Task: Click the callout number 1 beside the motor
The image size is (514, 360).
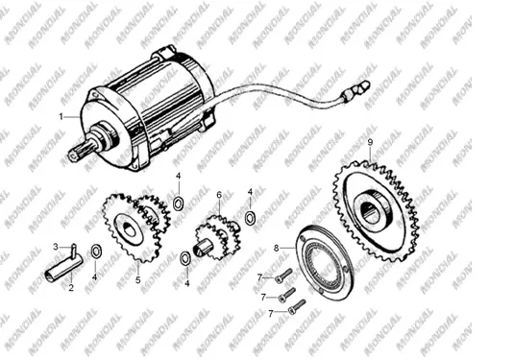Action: tap(61, 116)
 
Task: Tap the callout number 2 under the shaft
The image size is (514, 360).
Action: tap(71, 288)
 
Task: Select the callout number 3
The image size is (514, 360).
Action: tap(56, 247)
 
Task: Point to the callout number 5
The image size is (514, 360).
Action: tap(138, 280)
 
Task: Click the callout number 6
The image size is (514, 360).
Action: tap(219, 195)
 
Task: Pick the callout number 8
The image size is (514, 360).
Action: tap(276, 249)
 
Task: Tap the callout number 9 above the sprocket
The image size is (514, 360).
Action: tap(370, 142)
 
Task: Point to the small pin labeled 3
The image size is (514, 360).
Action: tap(74, 250)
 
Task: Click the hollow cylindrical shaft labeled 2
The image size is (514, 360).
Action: tap(63, 269)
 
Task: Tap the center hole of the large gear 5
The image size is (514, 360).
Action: tap(130, 230)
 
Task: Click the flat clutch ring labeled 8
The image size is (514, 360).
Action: tap(324, 262)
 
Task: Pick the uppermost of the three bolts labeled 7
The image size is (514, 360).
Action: tap(283, 276)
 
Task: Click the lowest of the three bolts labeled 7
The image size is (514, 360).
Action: tap(297, 307)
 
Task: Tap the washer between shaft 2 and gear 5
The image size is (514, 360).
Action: tap(96, 252)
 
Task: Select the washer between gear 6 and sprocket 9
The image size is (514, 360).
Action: tap(251, 218)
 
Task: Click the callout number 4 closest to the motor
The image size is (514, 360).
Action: tap(178, 176)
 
